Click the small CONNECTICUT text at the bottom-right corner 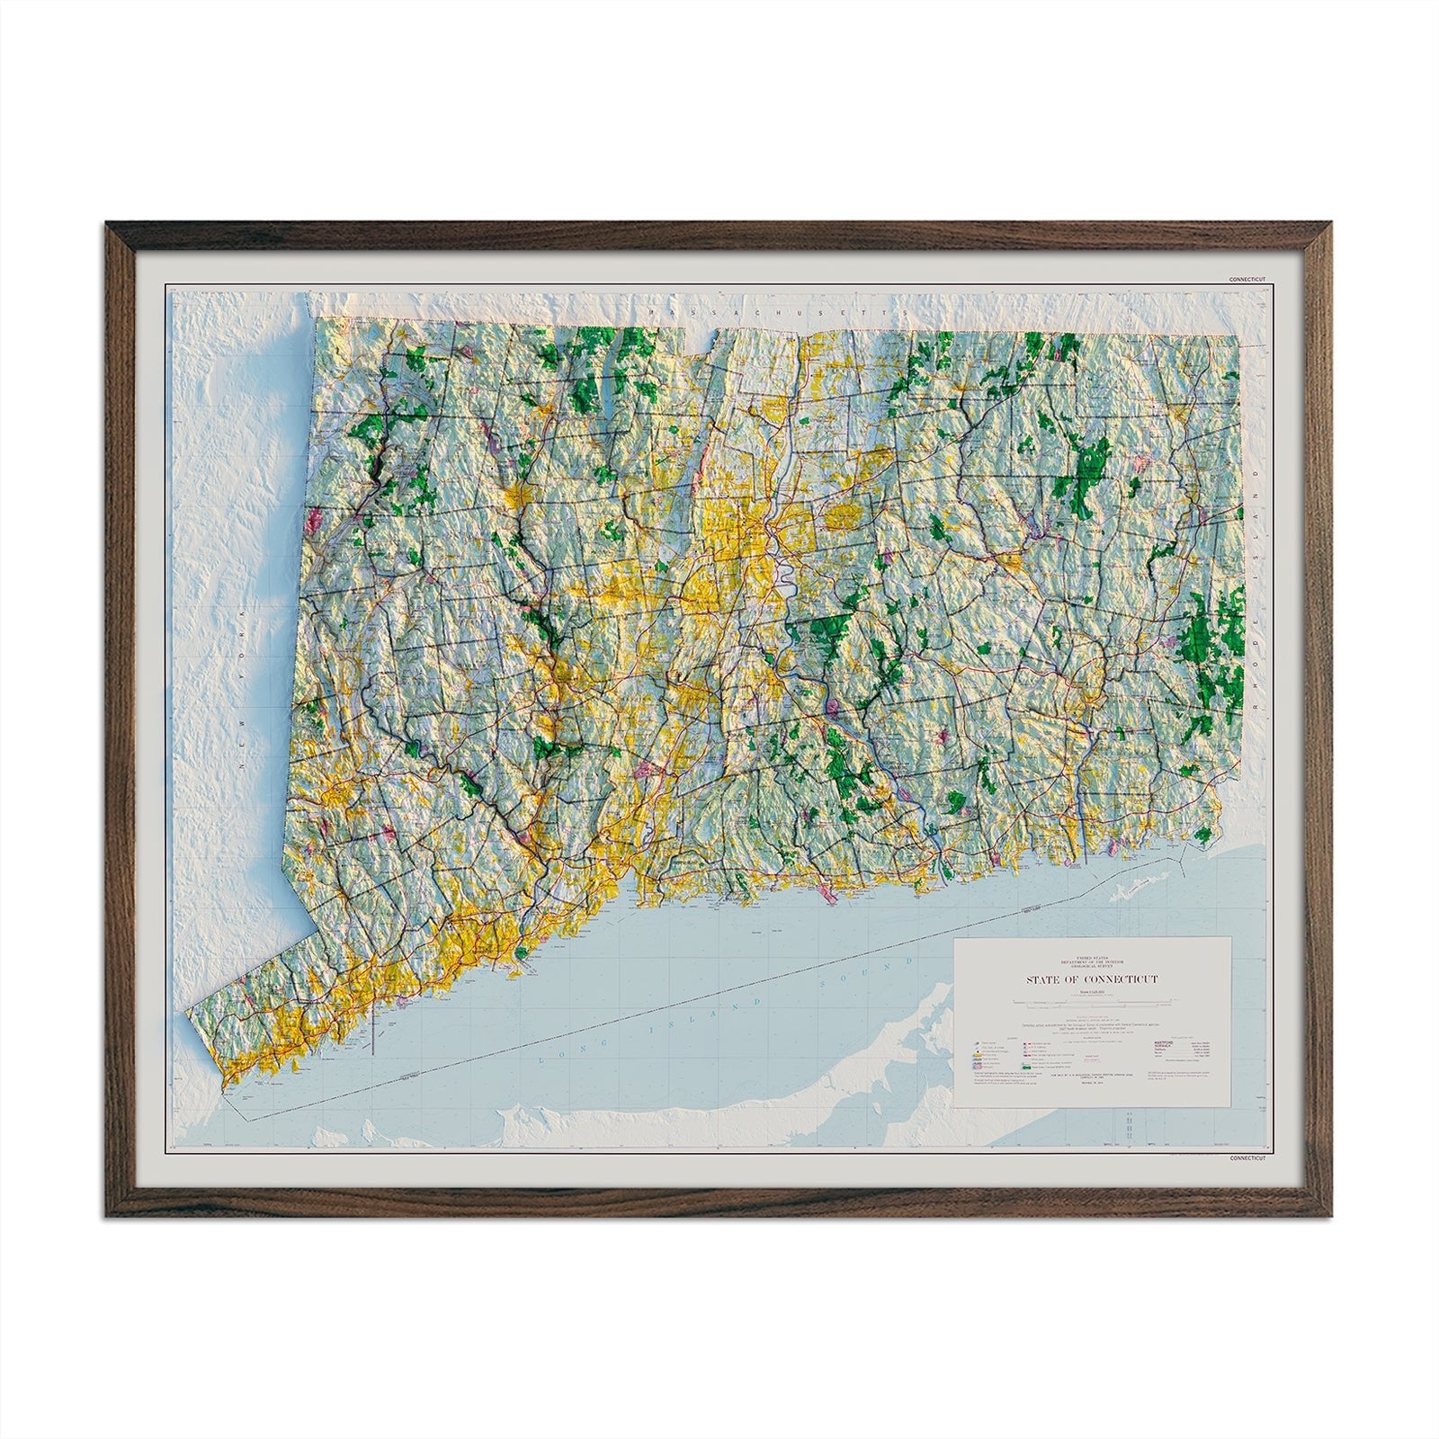tap(1247, 1158)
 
